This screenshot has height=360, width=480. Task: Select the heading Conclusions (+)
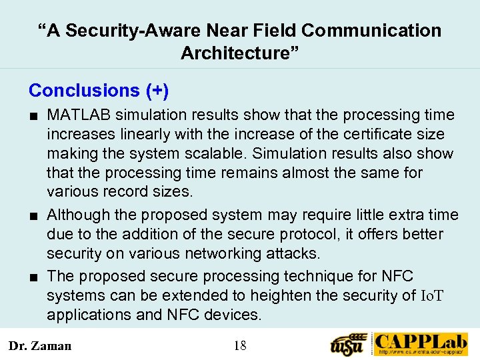click(99, 90)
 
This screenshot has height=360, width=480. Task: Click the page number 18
click(240, 345)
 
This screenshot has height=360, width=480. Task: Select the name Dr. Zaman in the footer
click(40, 345)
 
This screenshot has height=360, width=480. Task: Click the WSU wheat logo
click(349, 343)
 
